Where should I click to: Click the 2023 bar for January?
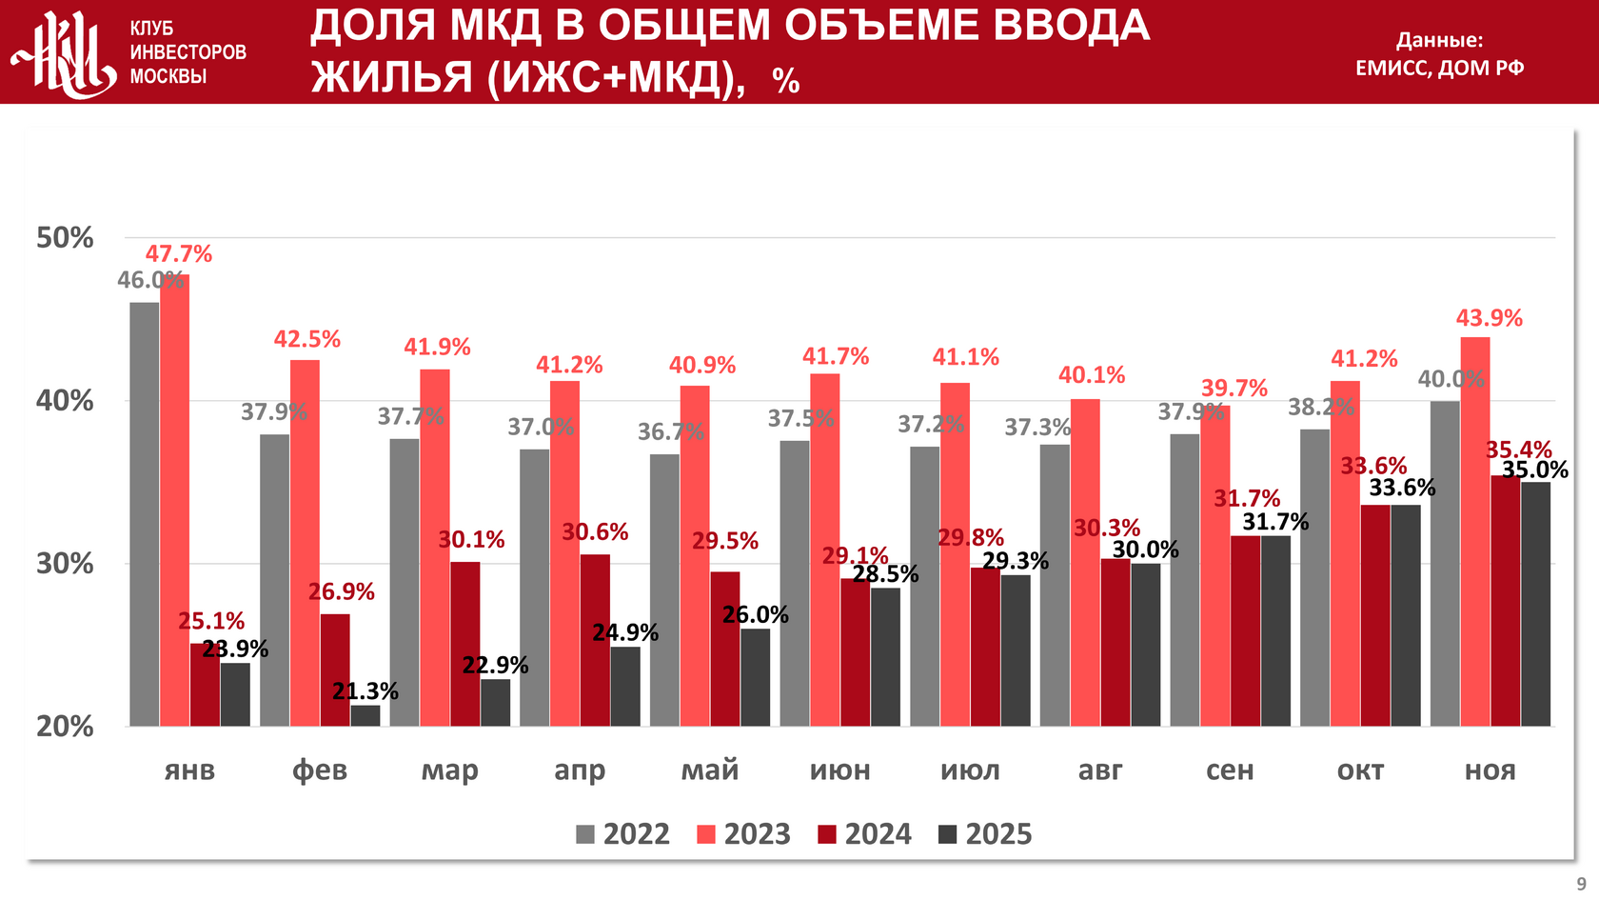click(x=174, y=500)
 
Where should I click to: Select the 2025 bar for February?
click(x=365, y=715)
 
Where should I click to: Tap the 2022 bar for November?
click(x=1445, y=563)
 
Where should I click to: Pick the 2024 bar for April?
click(x=595, y=640)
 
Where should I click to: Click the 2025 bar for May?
click(x=756, y=677)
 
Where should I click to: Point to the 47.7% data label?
click(x=179, y=254)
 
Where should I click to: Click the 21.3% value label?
click(x=365, y=691)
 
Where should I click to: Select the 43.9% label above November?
click(x=1490, y=318)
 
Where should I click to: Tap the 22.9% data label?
click(x=495, y=665)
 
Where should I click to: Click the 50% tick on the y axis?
click(x=65, y=238)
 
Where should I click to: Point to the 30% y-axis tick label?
click(x=65, y=564)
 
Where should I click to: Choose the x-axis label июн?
click(x=839, y=770)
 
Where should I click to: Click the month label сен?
click(x=1230, y=770)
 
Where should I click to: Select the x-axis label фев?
click(x=320, y=770)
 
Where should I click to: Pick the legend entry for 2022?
click(x=622, y=834)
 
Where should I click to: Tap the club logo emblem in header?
click(x=63, y=53)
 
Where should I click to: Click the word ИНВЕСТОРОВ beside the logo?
click(x=188, y=52)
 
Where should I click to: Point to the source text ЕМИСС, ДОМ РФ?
click(x=1439, y=68)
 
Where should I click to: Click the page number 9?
click(x=1581, y=884)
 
